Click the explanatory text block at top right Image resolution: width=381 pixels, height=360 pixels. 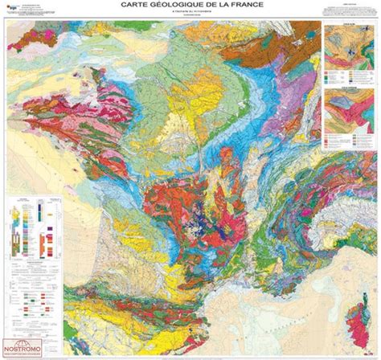[348, 11]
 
